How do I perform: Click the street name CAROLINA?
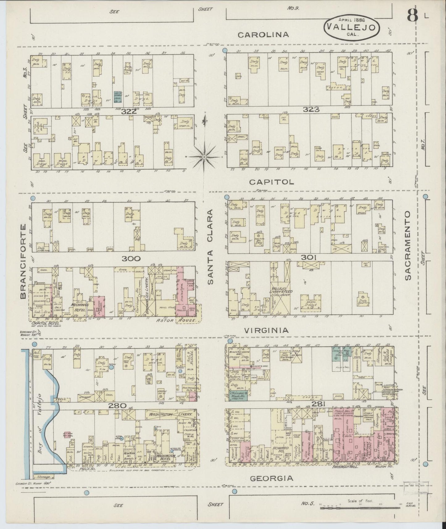click(x=263, y=35)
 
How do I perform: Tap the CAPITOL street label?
click(x=272, y=182)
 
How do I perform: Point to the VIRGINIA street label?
click(x=266, y=331)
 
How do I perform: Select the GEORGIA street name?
click(x=271, y=478)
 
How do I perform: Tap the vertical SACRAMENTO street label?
click(x=408, y=246)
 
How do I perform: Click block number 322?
click(x=129, y=111)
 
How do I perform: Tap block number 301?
click(x=310, y=257)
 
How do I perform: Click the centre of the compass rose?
click(x=204, y=157)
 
